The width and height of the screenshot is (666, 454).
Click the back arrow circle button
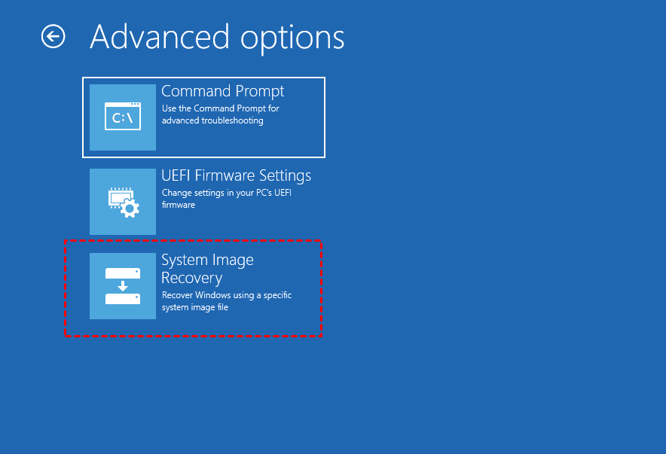[x=53, y=36]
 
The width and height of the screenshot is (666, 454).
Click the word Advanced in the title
[x=160, y=37]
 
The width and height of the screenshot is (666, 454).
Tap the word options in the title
[x=292, y=39]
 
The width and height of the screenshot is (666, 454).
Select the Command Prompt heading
[x=222, y=91]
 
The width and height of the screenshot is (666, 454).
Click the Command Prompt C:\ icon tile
[x=123, y=117]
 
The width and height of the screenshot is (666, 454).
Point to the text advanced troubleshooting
[x=212, y=120]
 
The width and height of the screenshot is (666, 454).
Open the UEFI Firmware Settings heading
[x=236, y=175]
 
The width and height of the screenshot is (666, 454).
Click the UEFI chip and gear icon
[x=123, y=203]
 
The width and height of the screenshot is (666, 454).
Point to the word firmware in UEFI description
[x=179, y=205]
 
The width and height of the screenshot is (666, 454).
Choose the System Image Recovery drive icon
[x=123, y=286]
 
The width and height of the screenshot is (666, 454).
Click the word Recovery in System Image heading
[x=192, y=278]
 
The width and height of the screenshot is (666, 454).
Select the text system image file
[x=195, y=307]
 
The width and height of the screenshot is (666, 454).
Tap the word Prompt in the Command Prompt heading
[x=259, y=92]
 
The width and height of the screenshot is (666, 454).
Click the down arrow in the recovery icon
[x=123, y=285]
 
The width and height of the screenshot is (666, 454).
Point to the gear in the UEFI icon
[x=130, y=209]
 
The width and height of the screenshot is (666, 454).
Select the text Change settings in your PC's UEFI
[x=226, y=193]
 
